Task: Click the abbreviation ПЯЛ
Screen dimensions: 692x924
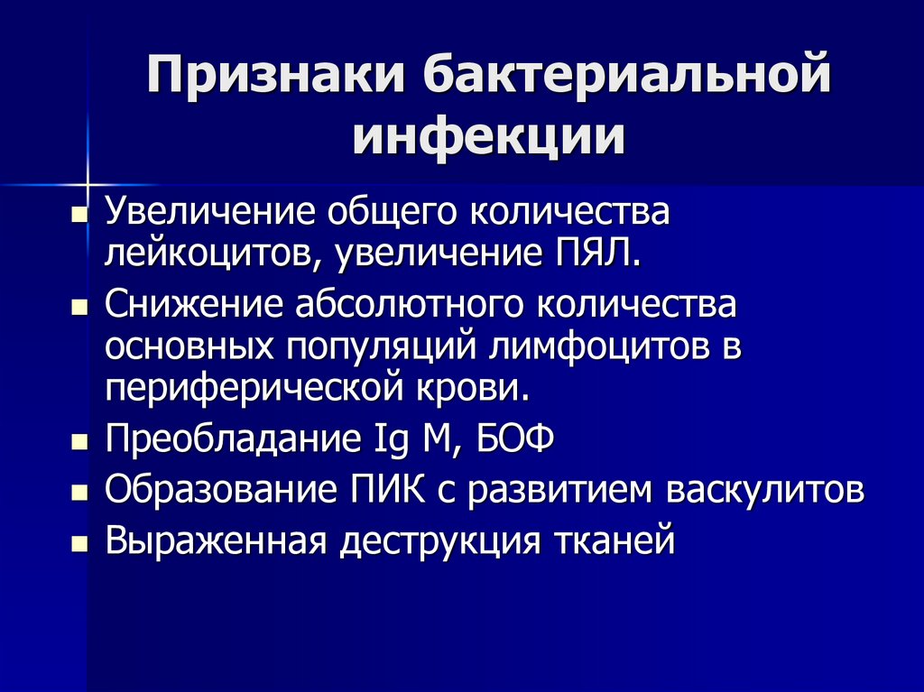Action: click(596, 253)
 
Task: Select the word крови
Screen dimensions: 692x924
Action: click(479, 390)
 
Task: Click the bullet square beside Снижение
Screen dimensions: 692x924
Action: click(79, 309)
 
